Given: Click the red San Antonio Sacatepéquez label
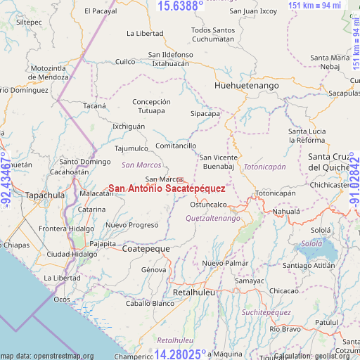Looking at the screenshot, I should tap(167, 189).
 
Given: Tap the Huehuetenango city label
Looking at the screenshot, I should tap(246, 85).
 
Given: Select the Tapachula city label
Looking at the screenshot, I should tap(44, 195).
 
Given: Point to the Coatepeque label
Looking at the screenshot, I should tap(146, 249).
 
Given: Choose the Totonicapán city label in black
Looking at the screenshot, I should tap(275, 193).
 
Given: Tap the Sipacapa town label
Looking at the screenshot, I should tap(205, 113).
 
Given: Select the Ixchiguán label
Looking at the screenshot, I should tap(129, 127).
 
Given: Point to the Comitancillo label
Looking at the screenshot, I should tap(176, 146).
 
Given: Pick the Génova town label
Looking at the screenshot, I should tap(154, 269).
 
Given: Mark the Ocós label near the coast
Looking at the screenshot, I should tap(61, 300).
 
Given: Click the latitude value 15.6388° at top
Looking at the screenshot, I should tap(180, 6).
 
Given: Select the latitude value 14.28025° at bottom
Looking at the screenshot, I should tap(181, 354).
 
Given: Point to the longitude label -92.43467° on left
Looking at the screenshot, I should tap(6, 180).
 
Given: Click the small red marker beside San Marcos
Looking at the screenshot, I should tap(181, 180).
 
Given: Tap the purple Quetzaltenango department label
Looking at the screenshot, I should tap(212, 219).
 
